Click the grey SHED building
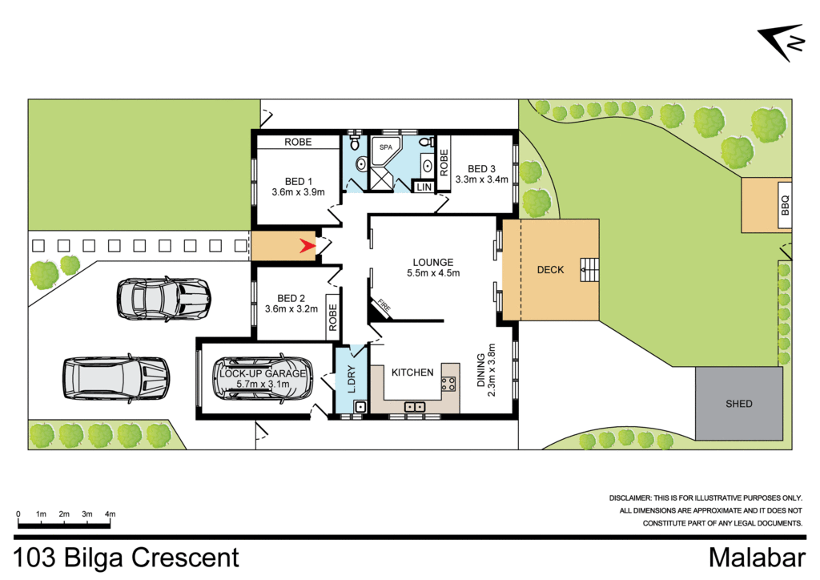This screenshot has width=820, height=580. (738, 404)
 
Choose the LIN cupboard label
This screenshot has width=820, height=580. (424, 187)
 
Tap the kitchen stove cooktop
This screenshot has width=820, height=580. (449, 384)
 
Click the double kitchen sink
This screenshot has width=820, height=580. (416, 407)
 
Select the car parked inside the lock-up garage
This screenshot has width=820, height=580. (262, 379)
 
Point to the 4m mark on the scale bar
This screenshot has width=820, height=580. (111, 514)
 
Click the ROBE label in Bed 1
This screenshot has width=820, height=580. (297, 142)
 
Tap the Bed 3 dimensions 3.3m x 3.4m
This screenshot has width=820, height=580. (481, 180)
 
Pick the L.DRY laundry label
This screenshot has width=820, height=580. (349, 377)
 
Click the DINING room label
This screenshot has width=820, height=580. (481, 372)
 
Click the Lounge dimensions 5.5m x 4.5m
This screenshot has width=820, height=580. (432, 273)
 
